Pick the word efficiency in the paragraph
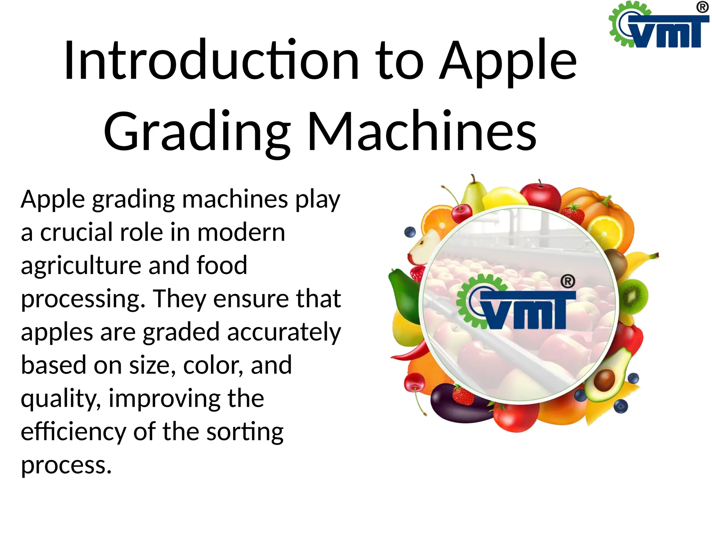click(73, 432)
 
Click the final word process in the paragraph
click(66, 465)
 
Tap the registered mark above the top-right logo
click(703, 7)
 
